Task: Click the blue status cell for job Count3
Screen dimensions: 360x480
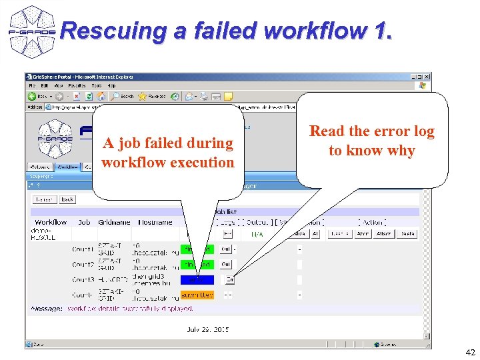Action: (197, 280)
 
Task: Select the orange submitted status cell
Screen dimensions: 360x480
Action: (197, 295)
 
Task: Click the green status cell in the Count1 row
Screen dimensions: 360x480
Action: (197, 249)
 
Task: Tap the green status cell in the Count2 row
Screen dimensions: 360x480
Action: (197, 265)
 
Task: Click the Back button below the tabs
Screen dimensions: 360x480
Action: (67, 199)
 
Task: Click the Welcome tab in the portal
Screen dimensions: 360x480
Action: (41, 167)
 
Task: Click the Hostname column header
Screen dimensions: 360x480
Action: (155, 222)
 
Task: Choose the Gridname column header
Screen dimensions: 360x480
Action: (115, 222)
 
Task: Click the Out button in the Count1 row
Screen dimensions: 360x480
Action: (226, 249)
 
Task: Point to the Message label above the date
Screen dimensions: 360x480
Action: (47, 309)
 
